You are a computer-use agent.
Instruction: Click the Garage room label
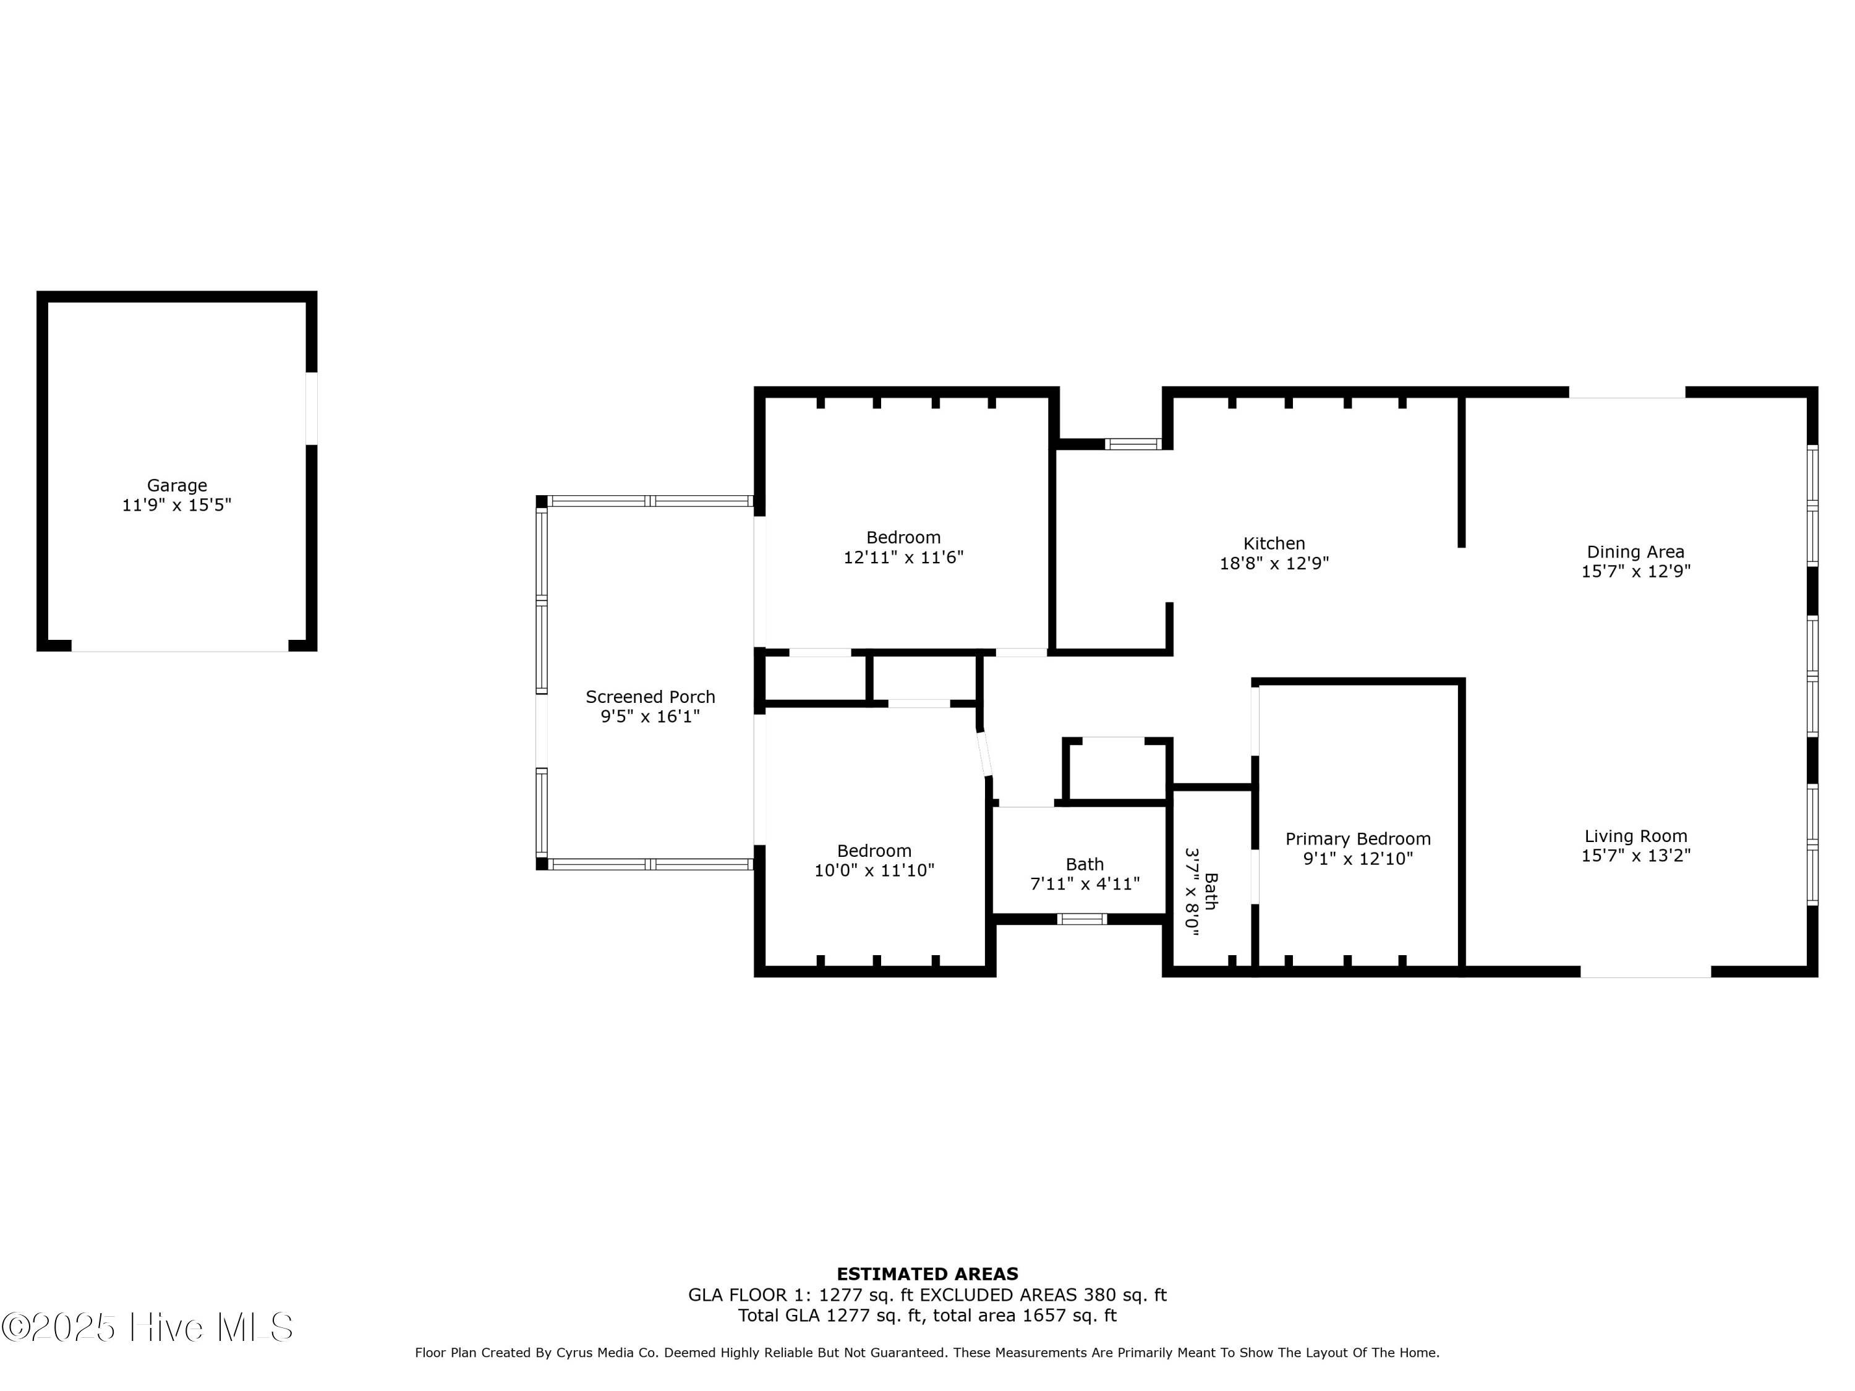[x=176, y=485]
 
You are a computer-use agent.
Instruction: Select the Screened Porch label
[x=650, y=697]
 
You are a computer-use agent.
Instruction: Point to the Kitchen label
[x=1274, y=543]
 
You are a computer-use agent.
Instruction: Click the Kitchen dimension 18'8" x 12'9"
[x=1274, y=563]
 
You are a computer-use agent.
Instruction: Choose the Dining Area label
[x=1635, y=551]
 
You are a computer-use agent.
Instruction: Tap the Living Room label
[x=1635, y=836]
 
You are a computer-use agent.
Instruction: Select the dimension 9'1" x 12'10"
[x=1358, y=859]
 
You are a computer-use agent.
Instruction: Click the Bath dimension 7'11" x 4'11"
[x=1085, y=883]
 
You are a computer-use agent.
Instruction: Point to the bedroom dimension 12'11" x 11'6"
[x=903, y=558]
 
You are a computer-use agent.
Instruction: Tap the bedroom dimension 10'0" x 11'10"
[x=874, y=871]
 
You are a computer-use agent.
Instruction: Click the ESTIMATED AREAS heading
[x=927, y=1274]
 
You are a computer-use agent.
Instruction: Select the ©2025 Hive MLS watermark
[x=148, y=1327]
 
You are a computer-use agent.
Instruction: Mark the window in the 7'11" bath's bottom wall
[x=1082, y=919]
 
